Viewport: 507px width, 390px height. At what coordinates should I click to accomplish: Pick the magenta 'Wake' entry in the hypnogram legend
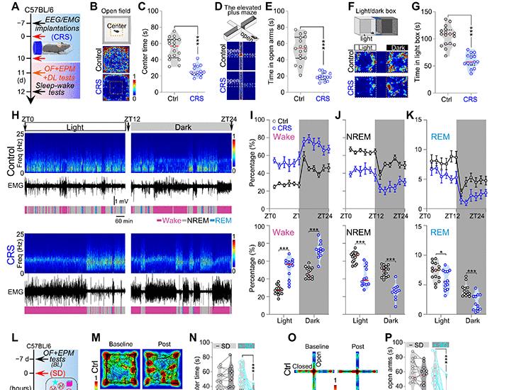(169, 221)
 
